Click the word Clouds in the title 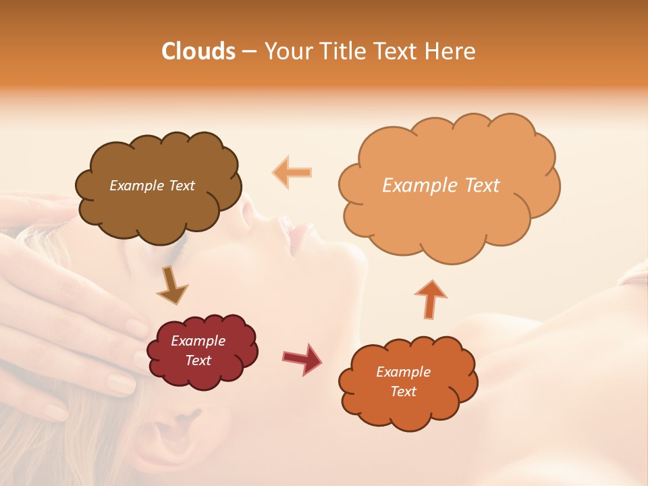[198, 51]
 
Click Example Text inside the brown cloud [152, 186]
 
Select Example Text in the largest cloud [441, 186]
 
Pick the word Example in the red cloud [198, 341]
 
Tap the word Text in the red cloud [198, 360]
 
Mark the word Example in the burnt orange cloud [403, 372]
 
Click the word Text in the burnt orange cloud [403, 391]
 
